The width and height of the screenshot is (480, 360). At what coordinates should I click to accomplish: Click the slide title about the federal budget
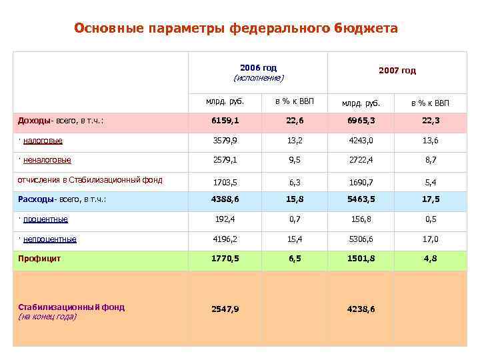click(x=236, y=29)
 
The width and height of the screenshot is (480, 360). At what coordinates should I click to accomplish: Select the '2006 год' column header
click(x=258, y=68)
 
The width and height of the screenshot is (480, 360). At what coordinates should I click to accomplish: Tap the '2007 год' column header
click(x=397, y=70)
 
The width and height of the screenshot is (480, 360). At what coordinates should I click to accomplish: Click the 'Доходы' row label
click(x=60, y=121)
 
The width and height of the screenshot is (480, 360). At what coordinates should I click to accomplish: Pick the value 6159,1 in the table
click(x=225, y=121)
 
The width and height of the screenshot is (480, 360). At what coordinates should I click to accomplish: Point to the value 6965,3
click(x=361, y=121)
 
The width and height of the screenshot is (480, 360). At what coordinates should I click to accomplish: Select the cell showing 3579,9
click(x=225, y=141)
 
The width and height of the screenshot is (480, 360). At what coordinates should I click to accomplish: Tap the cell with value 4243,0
click(x=361, y=141)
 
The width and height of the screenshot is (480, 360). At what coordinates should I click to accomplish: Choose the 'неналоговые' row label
click(x=47, y=160)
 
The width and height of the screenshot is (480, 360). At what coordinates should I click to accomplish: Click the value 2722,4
click(x=361, y=161)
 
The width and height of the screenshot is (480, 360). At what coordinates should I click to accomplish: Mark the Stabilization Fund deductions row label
click(x=90, y=179)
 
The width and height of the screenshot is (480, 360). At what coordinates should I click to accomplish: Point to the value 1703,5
click(x=225, y=181)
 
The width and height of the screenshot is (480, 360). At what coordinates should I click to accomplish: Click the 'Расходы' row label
click(x=62, y=199)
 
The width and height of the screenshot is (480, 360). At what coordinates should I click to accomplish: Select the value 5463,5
click(x=361, y=200)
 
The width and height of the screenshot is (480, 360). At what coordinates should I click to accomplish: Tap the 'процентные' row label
click(x=45, y=219)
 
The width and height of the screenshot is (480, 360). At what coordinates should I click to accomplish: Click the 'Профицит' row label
click(x=39, y=259)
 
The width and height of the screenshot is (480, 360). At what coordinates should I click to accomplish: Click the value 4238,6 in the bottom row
click(x=361, y=309)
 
